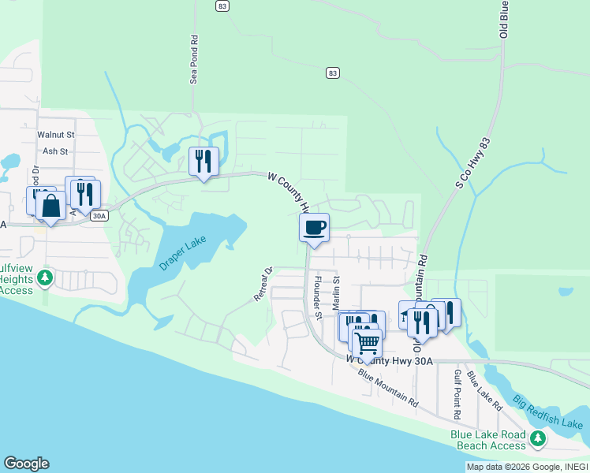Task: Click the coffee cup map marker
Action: [x=315, y=228]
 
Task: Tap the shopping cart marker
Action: [x=367, y=343]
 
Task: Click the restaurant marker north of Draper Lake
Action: [x=204, y=161]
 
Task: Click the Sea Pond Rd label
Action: [x=193, y=59]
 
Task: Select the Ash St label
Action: [x=56, y=151]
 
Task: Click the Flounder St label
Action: [x=318, y=297]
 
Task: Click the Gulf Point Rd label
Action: [x=457, y=394]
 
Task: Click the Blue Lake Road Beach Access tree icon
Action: [x=538, y=438]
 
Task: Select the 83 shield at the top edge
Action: [x=222, y=6]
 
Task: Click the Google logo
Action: [x=26, y=464]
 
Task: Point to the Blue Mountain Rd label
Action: [x=387, y=388]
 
